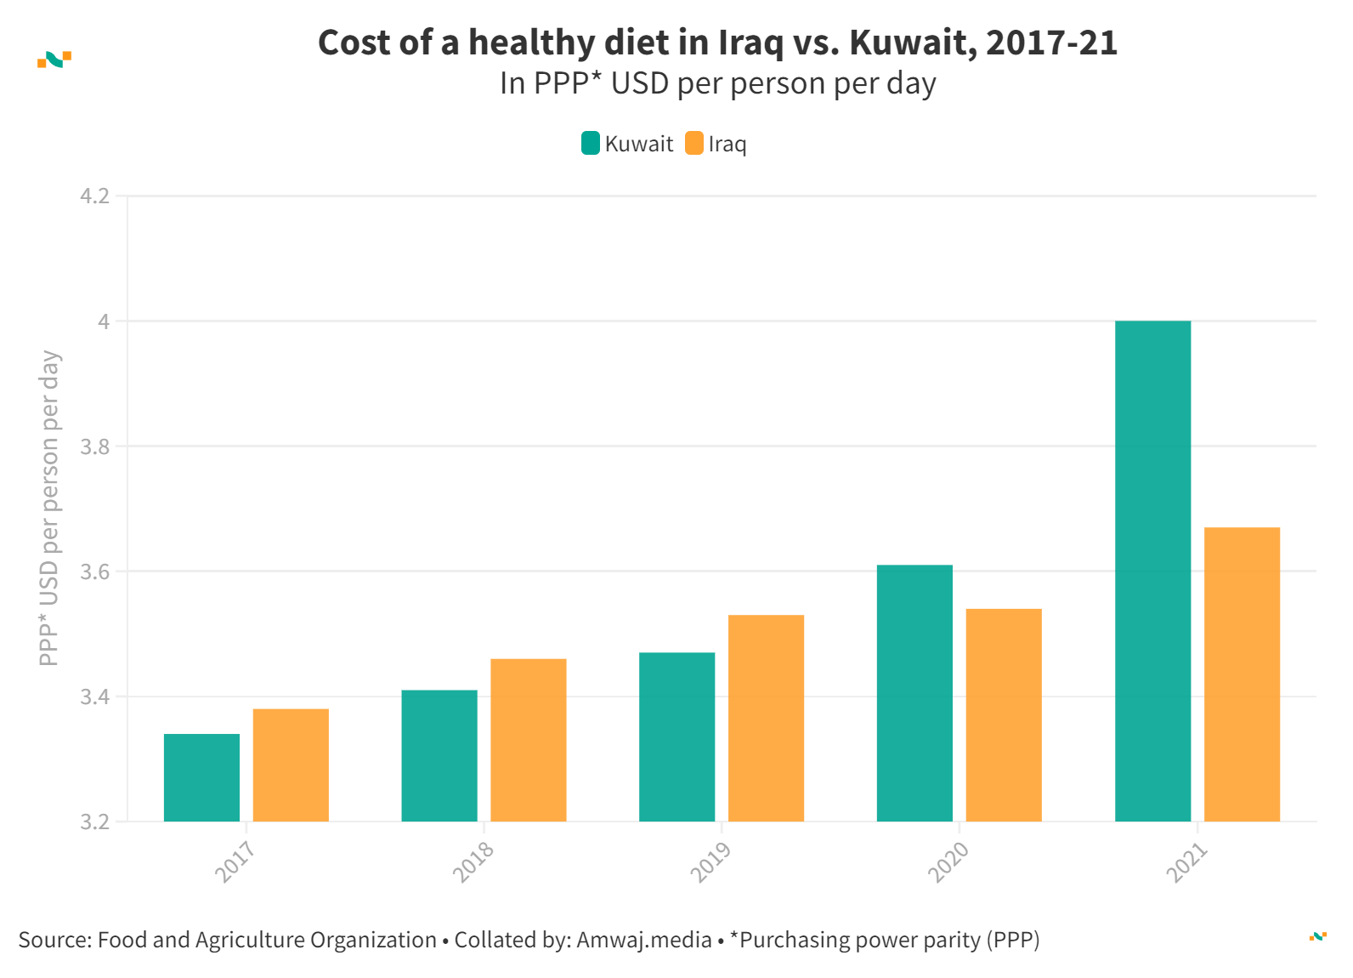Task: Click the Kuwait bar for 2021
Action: [1152, 571]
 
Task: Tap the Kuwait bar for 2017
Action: [201, 777]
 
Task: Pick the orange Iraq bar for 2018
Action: [528, 740]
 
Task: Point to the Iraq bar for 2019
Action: [766, 718]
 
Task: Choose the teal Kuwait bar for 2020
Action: [914, 693]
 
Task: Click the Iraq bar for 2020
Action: [1004, 715]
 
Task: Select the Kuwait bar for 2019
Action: [676, 736]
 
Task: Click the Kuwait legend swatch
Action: [591, 144]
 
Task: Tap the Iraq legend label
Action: [727, 144]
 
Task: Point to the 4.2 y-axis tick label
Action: [94, 196]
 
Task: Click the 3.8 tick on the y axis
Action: [94, 446]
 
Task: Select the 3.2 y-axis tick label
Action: [94, 822]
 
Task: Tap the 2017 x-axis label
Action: [235, 861]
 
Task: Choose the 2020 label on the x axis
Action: [948, 861]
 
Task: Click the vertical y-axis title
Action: [49, 508]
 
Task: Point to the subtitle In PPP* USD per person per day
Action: [717, 83]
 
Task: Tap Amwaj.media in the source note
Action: [643, 940]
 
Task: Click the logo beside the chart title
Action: [54, 60]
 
